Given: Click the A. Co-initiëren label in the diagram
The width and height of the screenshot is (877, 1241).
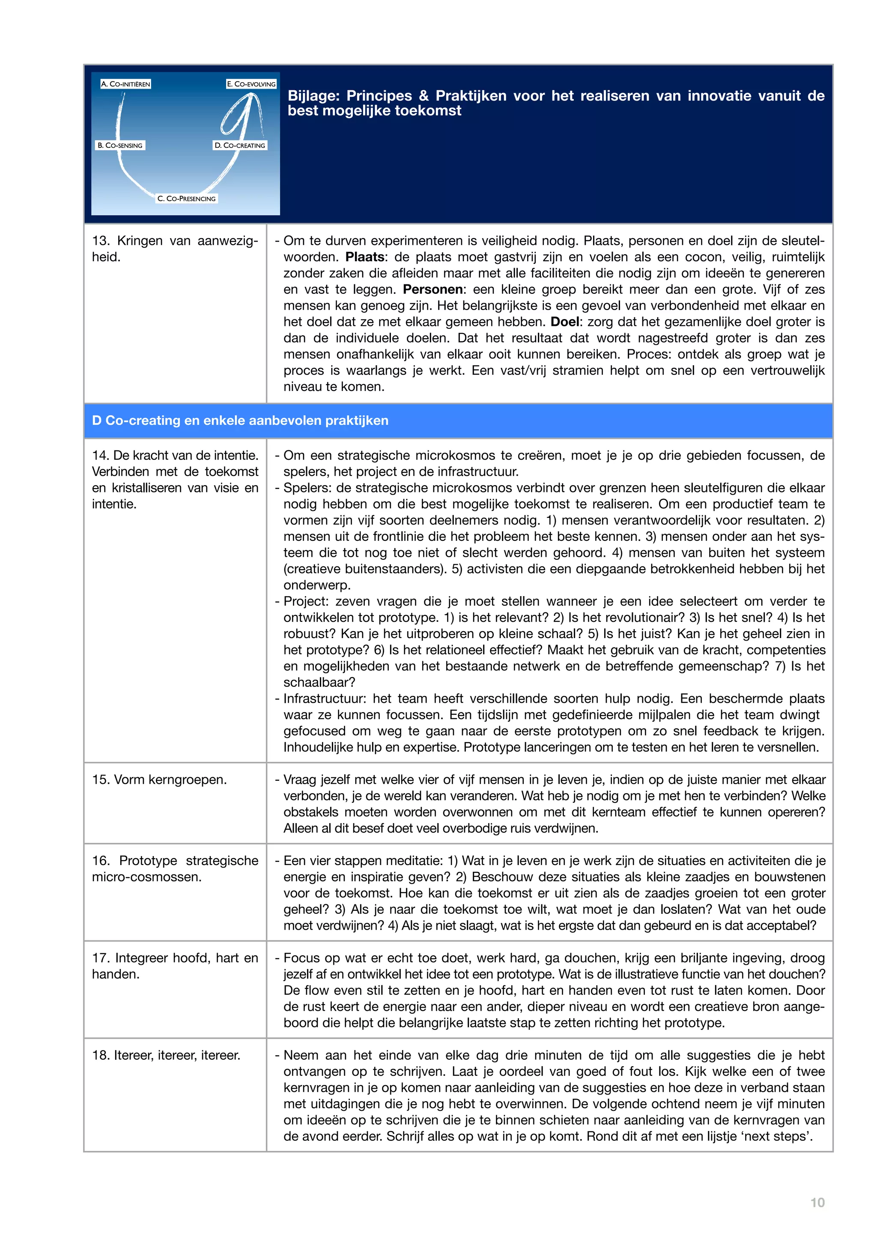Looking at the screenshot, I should click(x=125, y=84).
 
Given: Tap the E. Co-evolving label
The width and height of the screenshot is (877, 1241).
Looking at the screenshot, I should click(x=251, y=84).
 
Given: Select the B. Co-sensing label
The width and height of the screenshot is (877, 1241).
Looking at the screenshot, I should click(x=120, y=146).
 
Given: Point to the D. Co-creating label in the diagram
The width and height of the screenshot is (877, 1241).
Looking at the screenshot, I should click(x=240, y=146).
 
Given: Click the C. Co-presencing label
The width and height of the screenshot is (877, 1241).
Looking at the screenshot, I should click(x=186, y=198).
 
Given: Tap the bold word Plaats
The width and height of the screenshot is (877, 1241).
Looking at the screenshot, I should click(x=365, y=257).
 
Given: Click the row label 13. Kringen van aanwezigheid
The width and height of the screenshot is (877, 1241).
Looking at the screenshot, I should click(x=175, y=249).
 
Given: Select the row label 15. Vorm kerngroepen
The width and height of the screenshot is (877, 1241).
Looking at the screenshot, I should click(x=159, y=779).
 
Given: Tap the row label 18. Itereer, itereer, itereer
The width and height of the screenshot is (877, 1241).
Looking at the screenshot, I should click(x=166, y=1055).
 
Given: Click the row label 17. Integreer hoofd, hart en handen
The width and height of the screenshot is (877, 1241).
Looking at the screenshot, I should click(x=175, y=966).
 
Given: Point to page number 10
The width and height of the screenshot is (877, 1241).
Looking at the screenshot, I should click(x=817, y=1202).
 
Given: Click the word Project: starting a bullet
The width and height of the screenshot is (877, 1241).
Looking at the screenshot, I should click(x=306, y=601).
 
